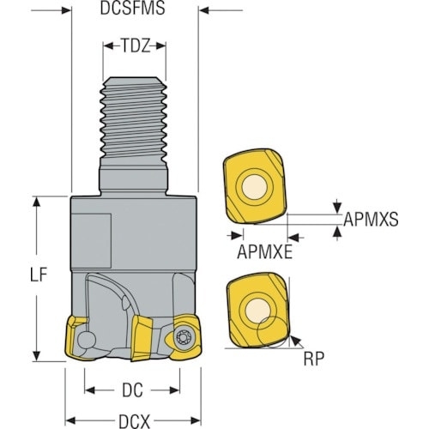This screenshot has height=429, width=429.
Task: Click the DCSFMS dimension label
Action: coord(132,9)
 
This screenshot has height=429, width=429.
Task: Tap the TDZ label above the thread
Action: coord(135,45)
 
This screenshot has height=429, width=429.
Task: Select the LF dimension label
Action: coord(39,275)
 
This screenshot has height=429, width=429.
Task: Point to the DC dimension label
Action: coord(132,390)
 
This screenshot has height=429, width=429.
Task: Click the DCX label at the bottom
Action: coord(134,421)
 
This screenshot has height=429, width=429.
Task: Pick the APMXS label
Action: coord(371,220)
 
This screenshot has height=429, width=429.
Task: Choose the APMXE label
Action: coord(265,252)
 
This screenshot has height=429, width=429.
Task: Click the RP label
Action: coord(314,359)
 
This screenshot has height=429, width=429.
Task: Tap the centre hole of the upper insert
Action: coord(255,187)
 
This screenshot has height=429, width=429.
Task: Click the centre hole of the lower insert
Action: coord(257,311)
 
